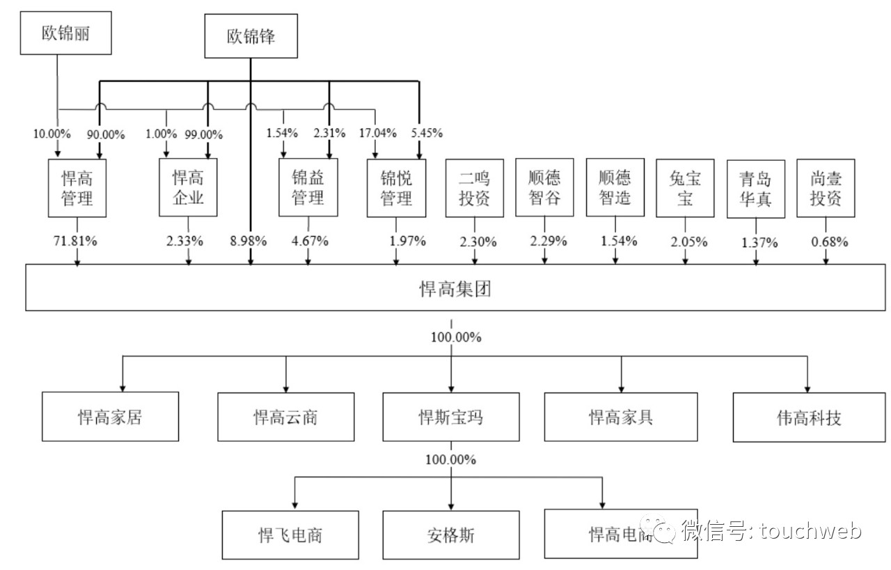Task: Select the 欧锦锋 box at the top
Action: [x=251, y=36]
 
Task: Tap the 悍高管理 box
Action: [x=77, y=188]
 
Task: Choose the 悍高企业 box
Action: [x=187, y=188]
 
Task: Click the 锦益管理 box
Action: [x=308, y=188]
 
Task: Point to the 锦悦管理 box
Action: [x=396, y=188]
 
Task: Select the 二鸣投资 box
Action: [x=475, y=188]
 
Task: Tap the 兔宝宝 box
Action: [x=685, y=188]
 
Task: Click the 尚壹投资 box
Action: [x=826, y=188]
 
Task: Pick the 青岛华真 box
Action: [x=755, y=188]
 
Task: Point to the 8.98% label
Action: [x=248, y=242]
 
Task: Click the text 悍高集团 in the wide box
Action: [x=456, y=289]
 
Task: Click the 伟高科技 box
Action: [x=809, y=418]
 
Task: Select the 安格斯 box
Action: [x=450, y=535]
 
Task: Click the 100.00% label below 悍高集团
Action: [x=456, y=338]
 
